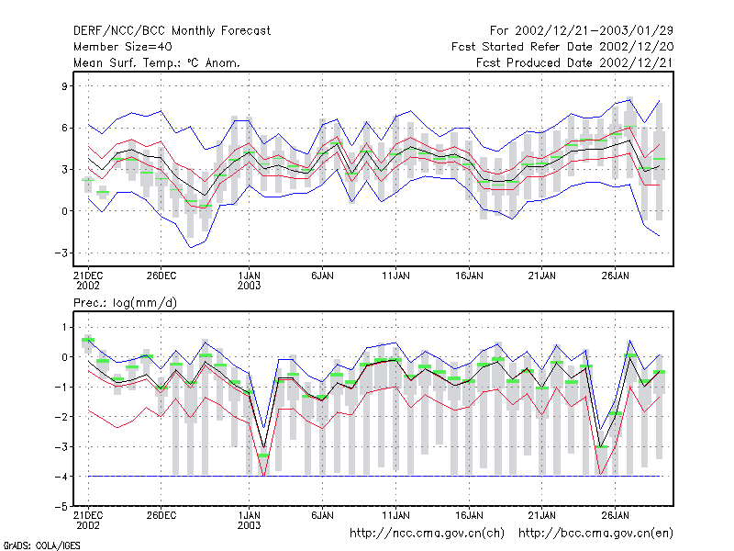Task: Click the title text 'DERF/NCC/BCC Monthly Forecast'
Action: (x=172, y=31)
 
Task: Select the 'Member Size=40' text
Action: (x=123, y=47)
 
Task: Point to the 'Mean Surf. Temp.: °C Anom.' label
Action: (x=157, y=62)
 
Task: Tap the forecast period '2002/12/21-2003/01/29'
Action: (x=594, y=31)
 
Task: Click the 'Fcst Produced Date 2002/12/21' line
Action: (x=574, y=62)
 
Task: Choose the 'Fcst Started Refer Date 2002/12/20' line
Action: (x=562, y=47)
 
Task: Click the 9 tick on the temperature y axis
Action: (x=64, y=86)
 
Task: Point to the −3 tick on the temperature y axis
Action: (x=61, y=253)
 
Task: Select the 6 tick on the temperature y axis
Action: (x=64, y=128)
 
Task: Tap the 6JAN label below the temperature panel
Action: (x=323, y=276)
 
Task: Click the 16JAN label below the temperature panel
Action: (x=469, y=276)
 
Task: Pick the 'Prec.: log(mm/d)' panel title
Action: (x=125, y=303)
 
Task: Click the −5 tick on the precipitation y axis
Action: (x=61, y=507)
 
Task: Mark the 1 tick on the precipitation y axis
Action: (x=65, y=328)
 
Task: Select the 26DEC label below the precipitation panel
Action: (x=161, y=515)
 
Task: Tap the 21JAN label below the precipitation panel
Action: (x=542, y=515)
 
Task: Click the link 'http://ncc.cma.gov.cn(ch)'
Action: (x=427, y=534)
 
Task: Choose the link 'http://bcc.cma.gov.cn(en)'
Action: (x=595, y=534)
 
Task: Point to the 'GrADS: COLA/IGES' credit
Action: (x=41, y=545)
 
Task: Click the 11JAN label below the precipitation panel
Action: (x=395, y=515)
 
